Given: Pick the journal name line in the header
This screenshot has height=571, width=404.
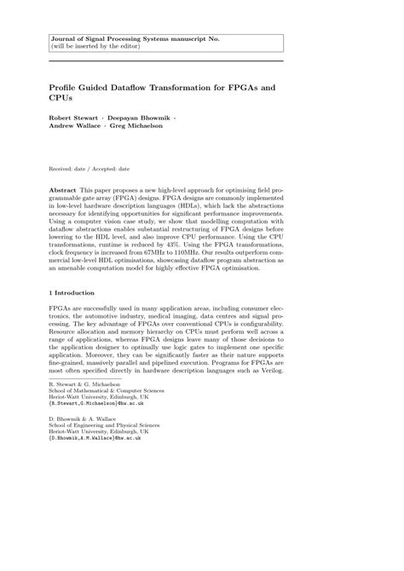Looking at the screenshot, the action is click(x=128, y=39).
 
